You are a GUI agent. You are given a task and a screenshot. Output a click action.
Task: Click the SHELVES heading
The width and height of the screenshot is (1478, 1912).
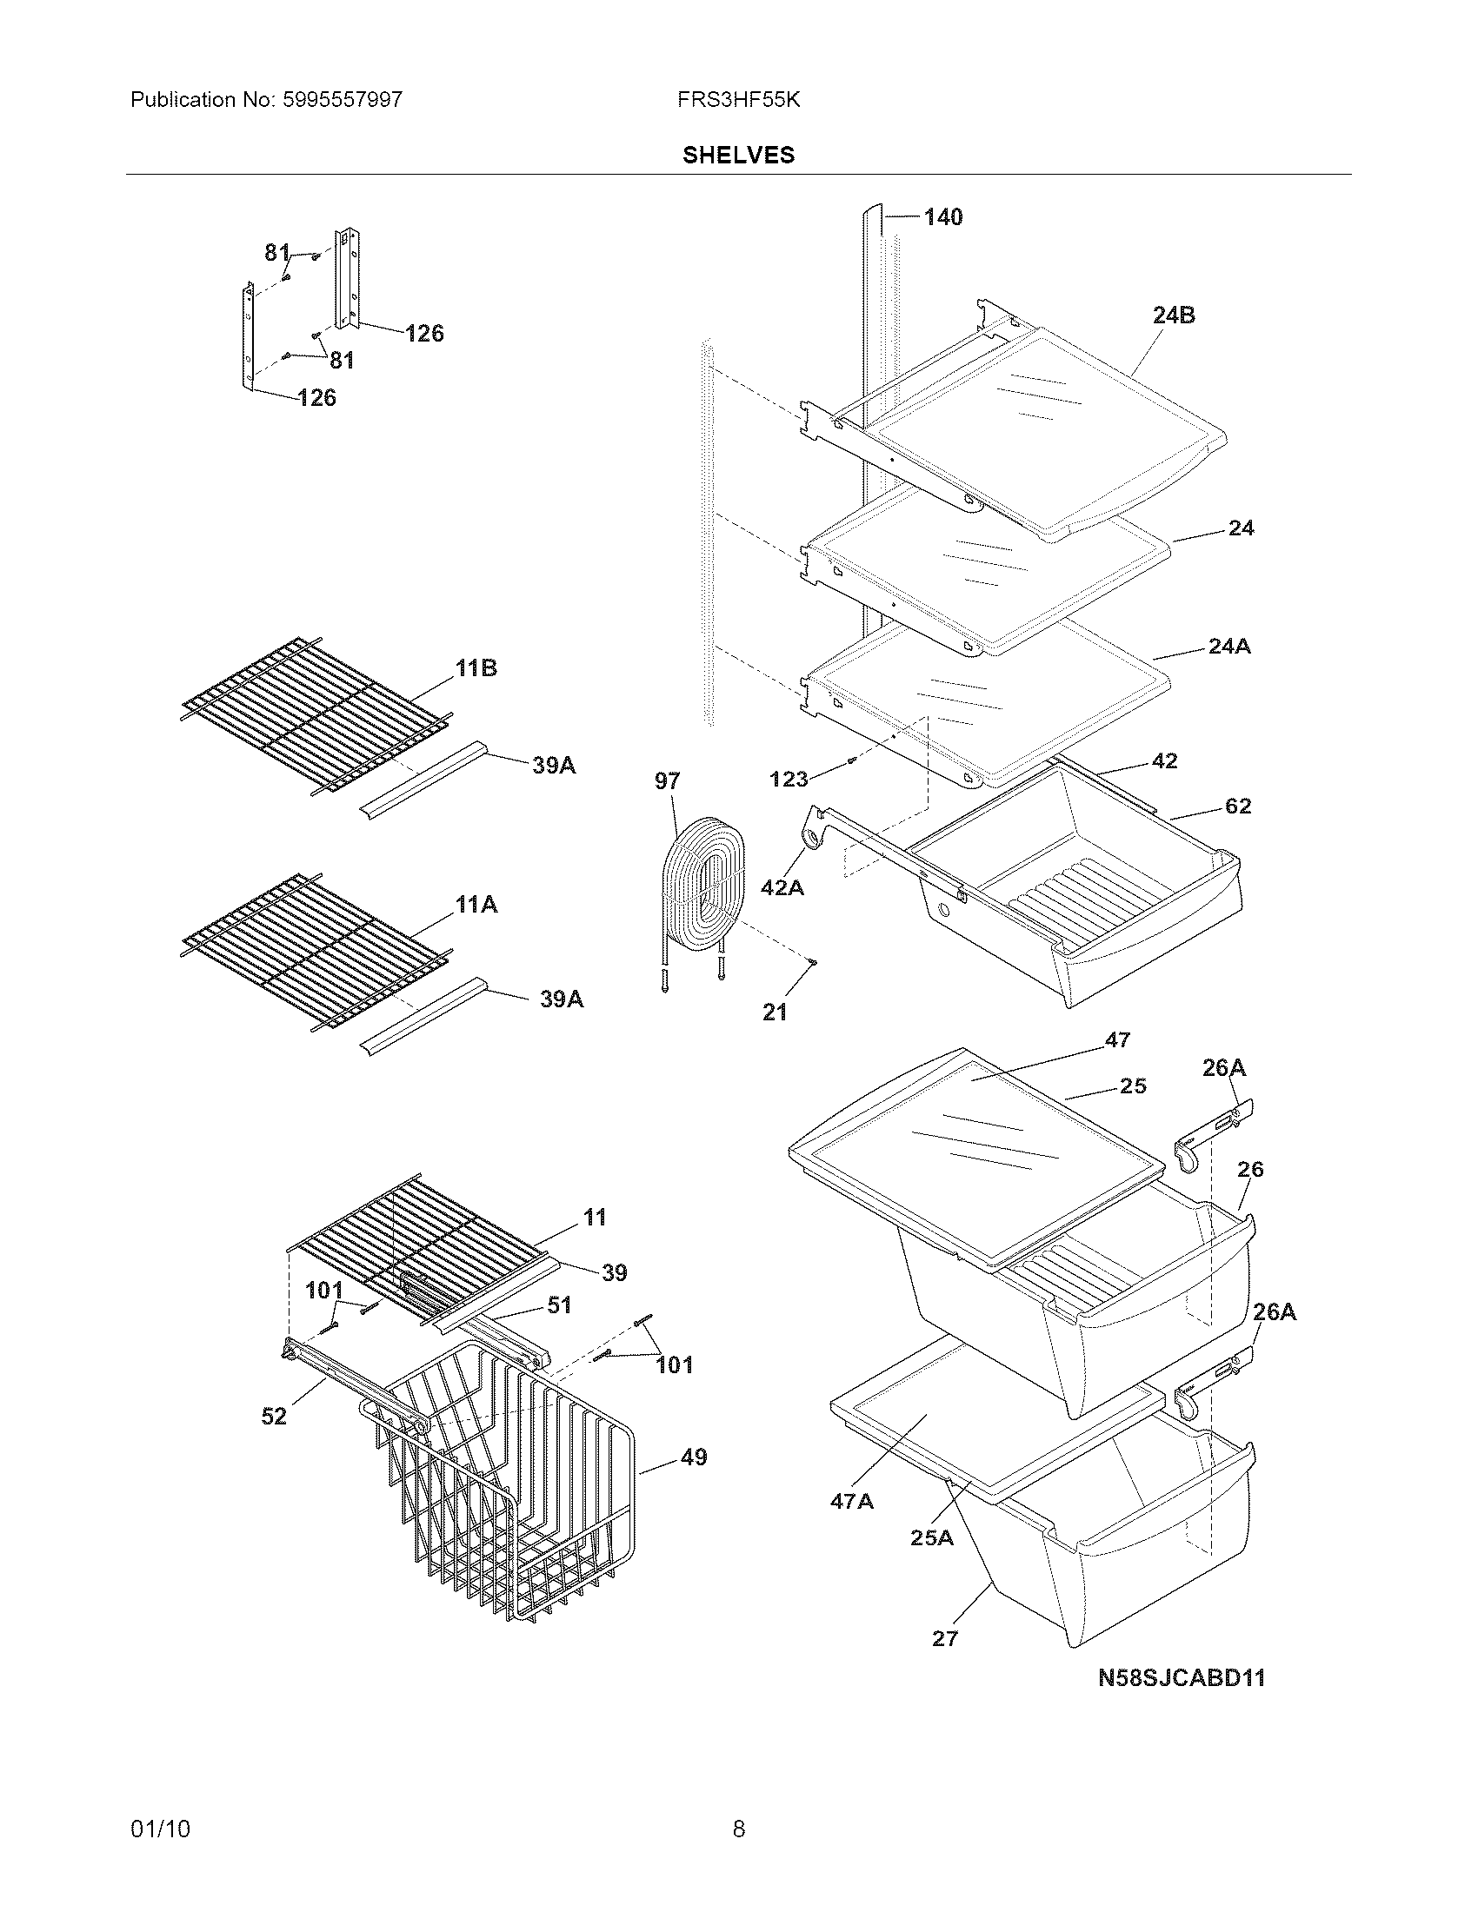click(x=738, y=155)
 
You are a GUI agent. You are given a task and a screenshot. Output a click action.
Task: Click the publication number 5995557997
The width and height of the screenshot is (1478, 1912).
click(x=343, y=100)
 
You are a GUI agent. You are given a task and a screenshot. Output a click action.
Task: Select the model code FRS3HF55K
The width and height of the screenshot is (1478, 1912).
click(x=738, y=100)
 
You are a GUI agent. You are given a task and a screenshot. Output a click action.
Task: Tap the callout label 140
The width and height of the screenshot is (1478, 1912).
click(x=943, y=217)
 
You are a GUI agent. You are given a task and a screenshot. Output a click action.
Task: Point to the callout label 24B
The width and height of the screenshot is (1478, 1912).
click(x=1174, y=315)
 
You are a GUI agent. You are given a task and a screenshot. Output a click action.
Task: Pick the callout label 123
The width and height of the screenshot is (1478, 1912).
click(x=788, y=779)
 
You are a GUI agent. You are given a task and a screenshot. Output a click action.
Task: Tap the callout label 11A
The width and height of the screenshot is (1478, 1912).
click(x=476, y=905)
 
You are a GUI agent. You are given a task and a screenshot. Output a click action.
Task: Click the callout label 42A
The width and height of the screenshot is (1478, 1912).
click(x=782, y=887)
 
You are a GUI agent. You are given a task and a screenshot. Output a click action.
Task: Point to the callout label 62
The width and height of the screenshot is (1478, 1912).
click(x=1237, y=806)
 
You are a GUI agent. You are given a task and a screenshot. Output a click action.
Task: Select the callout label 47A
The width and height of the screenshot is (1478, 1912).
click(x=851, y=1502)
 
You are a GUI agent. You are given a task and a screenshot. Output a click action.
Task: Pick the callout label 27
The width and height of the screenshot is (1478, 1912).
click(x=945, y=1639)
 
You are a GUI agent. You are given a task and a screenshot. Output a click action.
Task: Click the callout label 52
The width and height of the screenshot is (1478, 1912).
click(x=273, y=1416)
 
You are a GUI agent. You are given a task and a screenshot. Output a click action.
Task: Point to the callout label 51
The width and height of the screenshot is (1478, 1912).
click(x=559, y=1305)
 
